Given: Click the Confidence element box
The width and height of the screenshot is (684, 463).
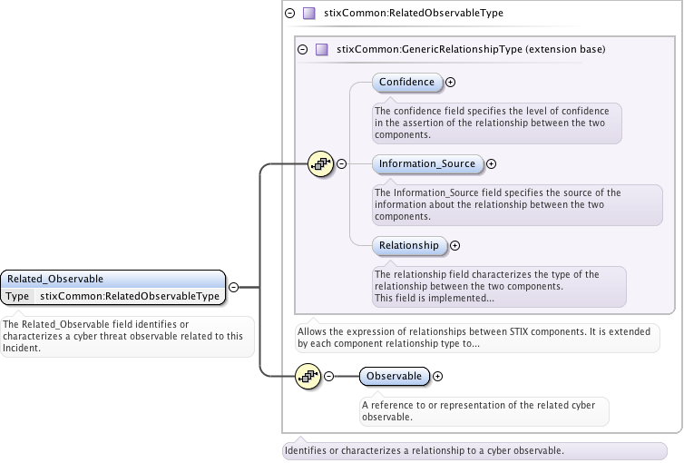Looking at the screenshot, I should tap(406, 83).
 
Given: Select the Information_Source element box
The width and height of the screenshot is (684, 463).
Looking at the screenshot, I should tap(426, 164).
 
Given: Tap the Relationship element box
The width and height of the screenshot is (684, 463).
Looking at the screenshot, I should tap(408, 245).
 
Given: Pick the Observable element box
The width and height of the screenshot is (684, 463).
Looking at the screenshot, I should tap(394, 376).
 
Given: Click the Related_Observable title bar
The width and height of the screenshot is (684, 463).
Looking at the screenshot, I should tap(112, 279).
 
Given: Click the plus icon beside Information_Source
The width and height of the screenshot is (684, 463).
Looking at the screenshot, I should tap(492, 164).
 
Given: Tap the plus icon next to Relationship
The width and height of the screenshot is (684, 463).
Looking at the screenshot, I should tap(455, 245).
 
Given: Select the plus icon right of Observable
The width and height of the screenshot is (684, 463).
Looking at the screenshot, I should tap(438, 376).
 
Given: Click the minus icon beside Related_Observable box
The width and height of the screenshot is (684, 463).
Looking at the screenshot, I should tap(233, 287).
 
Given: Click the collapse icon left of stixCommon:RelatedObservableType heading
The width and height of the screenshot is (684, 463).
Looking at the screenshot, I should tap(290, 14).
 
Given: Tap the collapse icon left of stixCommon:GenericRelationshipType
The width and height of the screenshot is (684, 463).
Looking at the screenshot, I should tap(303, 49).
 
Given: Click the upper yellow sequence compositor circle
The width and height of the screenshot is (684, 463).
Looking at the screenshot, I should tap(321, 164).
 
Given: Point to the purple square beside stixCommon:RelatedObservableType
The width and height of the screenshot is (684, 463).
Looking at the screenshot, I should tap(308, 14).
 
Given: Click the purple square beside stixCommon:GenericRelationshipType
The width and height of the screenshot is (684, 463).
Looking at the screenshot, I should tap(321, 49).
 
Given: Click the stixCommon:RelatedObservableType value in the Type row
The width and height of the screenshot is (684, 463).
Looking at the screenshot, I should tap(130, 296).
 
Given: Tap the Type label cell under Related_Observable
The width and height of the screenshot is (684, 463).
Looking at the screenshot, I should tap(17, 296).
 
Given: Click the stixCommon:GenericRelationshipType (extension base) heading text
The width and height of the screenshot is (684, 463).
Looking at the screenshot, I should tap(470, 49).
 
